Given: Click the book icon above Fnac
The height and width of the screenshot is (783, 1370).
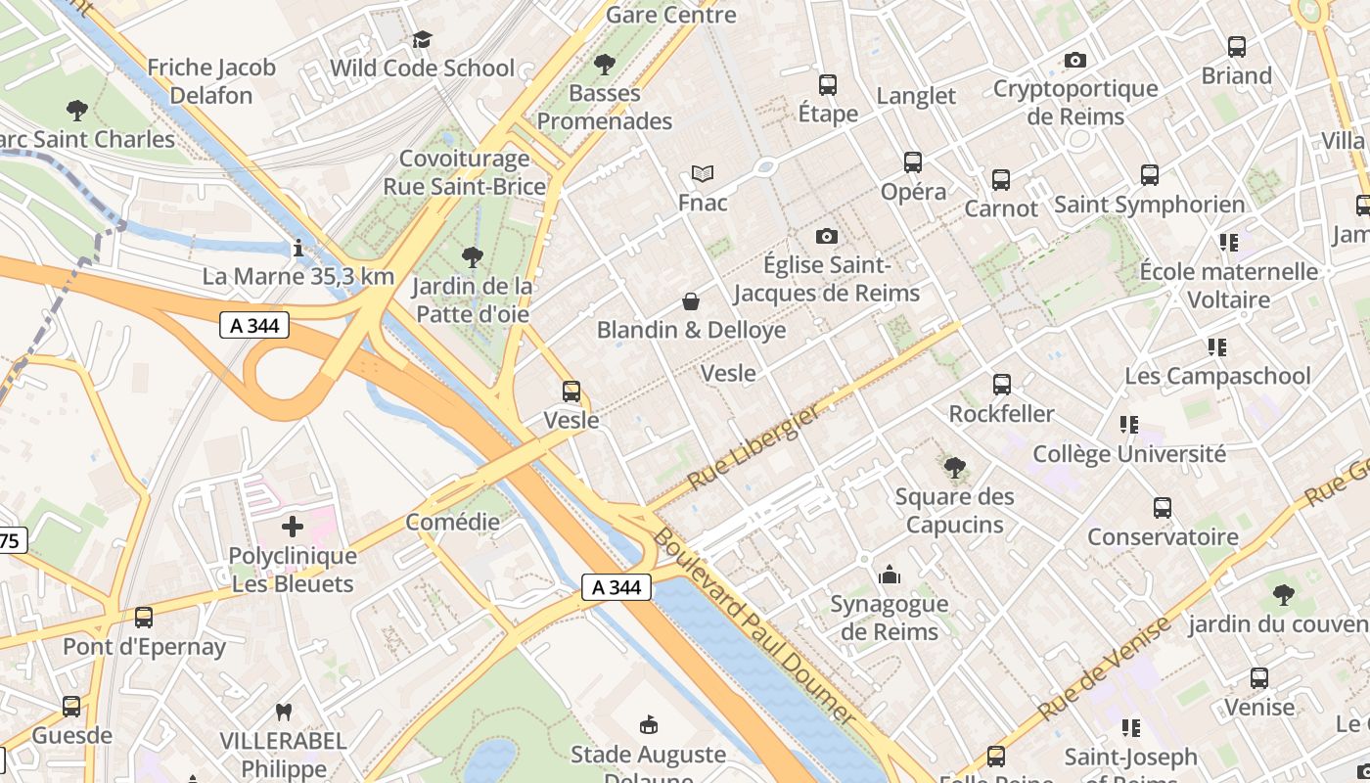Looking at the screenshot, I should click(703, 174).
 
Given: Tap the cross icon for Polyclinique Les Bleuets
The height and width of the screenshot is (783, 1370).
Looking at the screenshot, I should click(293, 527).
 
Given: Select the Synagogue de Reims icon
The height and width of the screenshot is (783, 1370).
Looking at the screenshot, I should click(890, 575).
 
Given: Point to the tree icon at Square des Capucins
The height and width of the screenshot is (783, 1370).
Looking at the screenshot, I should click(954, 467).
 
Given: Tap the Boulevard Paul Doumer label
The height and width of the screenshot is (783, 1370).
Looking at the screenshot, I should click(753, 626).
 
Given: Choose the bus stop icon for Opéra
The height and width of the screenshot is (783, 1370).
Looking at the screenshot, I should click(913, 162).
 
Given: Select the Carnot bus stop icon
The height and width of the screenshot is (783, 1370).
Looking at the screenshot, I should click(1001, 180).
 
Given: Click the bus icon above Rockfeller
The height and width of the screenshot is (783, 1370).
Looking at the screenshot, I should click(1002, 385).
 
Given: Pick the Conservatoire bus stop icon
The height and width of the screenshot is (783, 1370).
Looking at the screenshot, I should click(1163, 508).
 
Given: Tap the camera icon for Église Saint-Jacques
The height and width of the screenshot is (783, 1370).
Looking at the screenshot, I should click(827, 236).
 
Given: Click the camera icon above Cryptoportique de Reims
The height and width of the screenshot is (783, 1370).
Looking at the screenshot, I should click(1075, 61).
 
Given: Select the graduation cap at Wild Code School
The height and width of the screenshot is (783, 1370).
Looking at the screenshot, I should click(422, 39).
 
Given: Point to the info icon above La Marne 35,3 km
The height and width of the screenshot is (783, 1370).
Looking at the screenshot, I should click(297, 249).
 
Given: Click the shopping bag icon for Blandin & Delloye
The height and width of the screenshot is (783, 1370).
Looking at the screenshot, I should click(691, 301).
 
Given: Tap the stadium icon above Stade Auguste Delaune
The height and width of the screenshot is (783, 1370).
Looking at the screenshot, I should click(648, 725).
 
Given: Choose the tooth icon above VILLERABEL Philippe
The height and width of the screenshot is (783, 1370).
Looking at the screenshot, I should click(284, 712).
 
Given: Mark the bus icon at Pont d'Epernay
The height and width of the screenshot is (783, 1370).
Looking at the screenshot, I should click(144, 618).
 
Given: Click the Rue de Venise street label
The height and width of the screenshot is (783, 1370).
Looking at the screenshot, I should click(1105, 668).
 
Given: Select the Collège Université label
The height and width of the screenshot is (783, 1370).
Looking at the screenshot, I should click(1129, 454).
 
